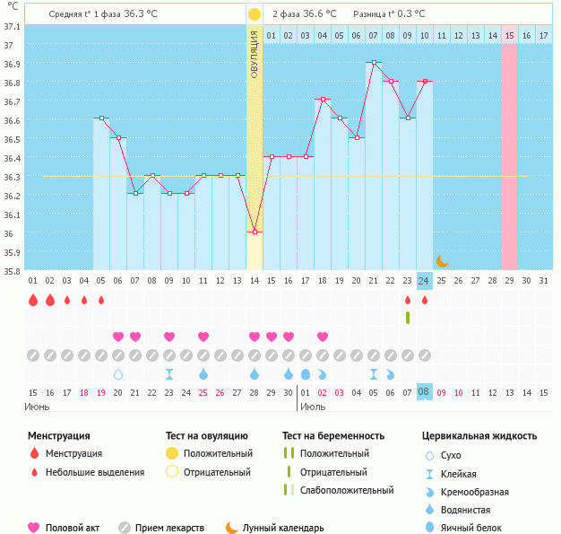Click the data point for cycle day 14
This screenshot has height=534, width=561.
click(x=255, y=232)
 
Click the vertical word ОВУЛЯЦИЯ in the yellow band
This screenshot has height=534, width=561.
click(x=255, y=55)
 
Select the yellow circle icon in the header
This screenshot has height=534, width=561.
click(x=255, y=14)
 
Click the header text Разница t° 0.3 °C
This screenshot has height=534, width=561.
click(x=389, y=14)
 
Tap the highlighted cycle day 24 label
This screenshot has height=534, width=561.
click(x=425, y=281)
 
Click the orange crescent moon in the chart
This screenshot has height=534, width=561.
click(x=442, y=261)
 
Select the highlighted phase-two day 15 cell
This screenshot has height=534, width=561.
click(x=510, y=34)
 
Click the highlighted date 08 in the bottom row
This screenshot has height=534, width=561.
click(x=425, y=392)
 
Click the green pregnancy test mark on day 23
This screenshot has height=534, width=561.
click(x=408, y=317)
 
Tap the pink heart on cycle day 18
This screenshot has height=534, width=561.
click(x=323, y=337)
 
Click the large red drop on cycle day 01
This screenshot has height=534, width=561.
click(x=33, y=300)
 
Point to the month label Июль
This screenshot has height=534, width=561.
click(x=312, y=407)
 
